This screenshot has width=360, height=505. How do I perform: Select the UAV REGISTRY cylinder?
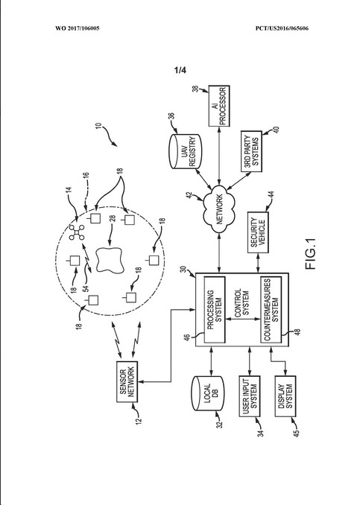click(x=185, y=151)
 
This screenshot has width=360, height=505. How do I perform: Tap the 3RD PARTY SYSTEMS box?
click(x=251, y=151)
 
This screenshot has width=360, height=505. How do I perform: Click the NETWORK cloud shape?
click(x=219, y=209)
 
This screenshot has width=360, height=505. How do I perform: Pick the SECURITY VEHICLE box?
click(x=258, y=232)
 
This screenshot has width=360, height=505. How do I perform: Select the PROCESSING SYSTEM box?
click(x=215, y=310)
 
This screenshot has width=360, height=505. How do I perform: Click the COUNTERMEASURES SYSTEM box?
click(x=271, y=310)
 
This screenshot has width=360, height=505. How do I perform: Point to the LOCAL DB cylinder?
click(x=207, y=393)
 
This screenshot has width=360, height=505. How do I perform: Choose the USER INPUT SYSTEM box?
click(x=249, y=396)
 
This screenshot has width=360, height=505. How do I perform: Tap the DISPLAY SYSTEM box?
click(x=285, y=396)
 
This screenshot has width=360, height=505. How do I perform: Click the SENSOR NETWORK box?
click(x=127, y=381)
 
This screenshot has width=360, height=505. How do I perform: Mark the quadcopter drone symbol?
click(x=77, y=232)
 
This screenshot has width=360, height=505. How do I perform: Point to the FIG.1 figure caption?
click(x=312, y=254)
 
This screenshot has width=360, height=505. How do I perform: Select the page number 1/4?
click(x=180, y=70)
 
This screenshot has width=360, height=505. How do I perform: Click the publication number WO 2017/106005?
click(x=78, y=28)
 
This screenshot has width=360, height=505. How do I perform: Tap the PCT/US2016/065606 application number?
click(x=282, y=28)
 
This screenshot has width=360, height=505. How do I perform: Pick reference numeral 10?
click(x=98, y=125)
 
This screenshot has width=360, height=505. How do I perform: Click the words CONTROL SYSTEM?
click(x=241, y=302)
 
